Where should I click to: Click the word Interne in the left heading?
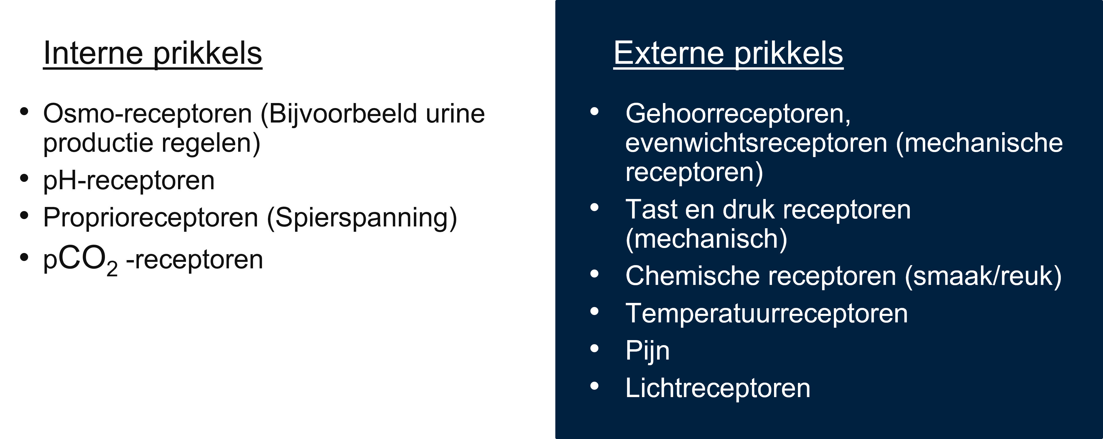93,54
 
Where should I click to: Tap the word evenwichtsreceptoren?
756,143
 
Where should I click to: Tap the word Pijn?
647,351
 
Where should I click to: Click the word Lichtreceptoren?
718,388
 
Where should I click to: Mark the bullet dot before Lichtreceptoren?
594,386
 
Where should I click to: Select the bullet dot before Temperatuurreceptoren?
594,311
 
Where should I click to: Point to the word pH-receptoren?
129,180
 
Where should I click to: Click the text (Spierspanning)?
362,217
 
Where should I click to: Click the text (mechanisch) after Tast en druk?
706,239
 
